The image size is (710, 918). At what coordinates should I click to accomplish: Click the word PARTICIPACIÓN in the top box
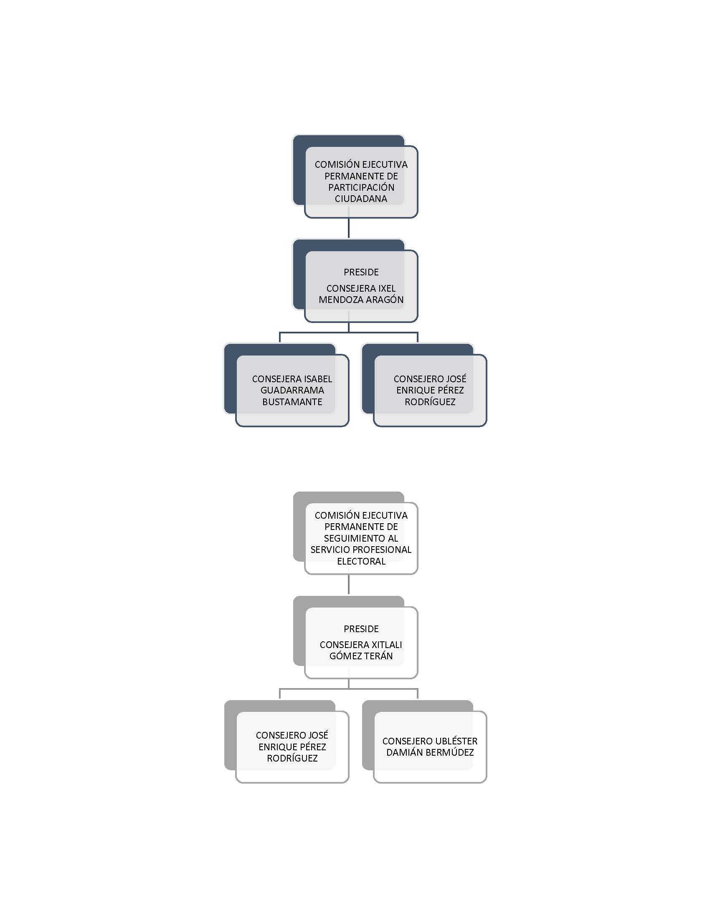[x=361, y=187]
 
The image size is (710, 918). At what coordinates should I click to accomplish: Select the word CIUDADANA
[x=361, y=199]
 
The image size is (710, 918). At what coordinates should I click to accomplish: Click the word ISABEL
[x=318, y=379]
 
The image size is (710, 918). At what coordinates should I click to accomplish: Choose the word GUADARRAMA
[x=292, y=391]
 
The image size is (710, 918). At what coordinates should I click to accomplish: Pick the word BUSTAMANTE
[x=292, y=402]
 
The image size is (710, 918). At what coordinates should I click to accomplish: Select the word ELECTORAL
[x=361, y=561]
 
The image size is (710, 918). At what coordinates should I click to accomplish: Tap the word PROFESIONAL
[x=385, y=550]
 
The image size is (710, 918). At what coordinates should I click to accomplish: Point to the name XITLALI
[x=387, y=645]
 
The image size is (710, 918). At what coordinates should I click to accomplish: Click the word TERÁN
[x=378, y=656]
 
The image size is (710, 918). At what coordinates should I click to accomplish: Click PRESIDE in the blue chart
[x=361, y=272]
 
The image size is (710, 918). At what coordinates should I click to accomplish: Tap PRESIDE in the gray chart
[x=361, y=629]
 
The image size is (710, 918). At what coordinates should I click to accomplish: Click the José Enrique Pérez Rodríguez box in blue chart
[x=424, y=385]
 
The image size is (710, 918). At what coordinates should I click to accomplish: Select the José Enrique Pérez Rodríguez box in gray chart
[x=287, y=741]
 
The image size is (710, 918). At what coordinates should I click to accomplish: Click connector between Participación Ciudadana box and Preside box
[x=349, y=228]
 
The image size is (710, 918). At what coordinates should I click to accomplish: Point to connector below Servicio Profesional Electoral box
[x=349, y=585]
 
